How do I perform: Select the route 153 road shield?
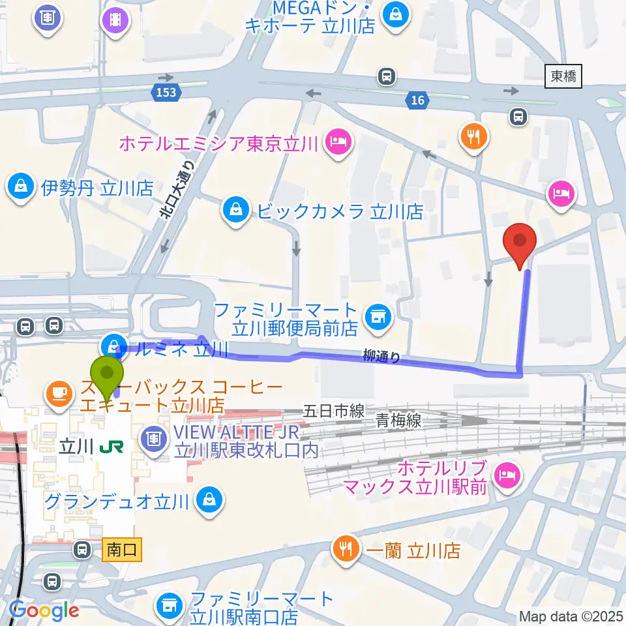(166, 93)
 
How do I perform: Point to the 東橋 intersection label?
(563, 77)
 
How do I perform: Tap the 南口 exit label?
(122, 550)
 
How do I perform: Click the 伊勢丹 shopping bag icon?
(21, 188)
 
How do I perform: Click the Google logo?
(44, 610)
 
